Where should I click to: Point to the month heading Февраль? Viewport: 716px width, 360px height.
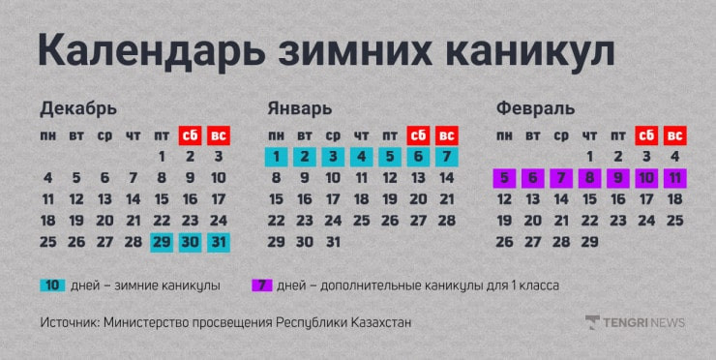pos(535,107)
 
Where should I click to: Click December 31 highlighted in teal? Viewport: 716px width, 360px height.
pos(219,242)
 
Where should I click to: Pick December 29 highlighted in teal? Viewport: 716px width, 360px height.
pos(162,242)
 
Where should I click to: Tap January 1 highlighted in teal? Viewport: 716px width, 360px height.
pos(276,156)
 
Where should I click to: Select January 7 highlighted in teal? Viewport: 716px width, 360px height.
pos(446,156)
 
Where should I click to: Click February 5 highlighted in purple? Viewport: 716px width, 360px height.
pos(504,178)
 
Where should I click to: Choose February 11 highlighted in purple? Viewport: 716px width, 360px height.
pos(674,178)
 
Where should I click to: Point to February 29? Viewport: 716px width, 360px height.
pos(589,242)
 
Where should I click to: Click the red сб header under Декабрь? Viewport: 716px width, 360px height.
pos(190,135)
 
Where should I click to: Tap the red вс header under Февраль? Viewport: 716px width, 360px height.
pos(674,135)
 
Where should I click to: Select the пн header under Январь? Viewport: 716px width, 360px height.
pos(276,135)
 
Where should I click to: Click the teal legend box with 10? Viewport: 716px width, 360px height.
pos(52,285)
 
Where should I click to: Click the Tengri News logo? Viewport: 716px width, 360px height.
pos(635,322)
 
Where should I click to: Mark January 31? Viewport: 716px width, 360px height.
pos(333,242)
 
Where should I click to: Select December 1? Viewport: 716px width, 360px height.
pos(162,156)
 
